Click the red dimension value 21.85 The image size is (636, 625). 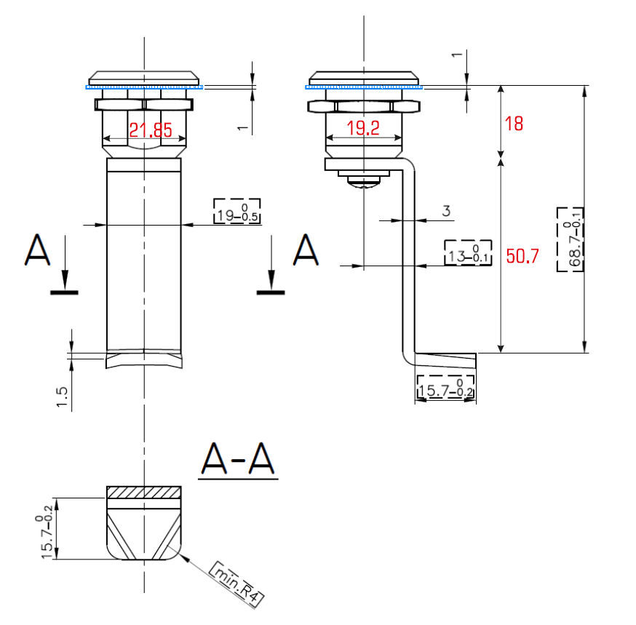151,130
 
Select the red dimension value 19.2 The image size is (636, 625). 363,129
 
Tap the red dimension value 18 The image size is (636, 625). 514,124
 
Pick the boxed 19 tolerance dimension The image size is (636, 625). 236,212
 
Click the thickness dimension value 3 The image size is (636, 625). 448,211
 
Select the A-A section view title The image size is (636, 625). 238,460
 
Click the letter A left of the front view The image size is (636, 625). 37,250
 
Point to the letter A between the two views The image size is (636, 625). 306,250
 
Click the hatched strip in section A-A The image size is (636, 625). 143,492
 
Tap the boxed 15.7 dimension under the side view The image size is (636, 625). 445,387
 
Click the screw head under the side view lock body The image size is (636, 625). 363,180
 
